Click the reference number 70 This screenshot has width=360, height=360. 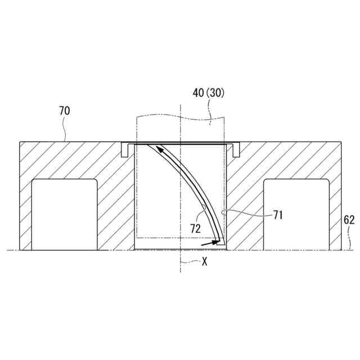click(x=64, y=111)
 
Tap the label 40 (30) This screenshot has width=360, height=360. click(x=208, y=93)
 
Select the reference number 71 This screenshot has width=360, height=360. click(x=278, y=215)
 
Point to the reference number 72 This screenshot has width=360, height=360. click(x=195, y=229)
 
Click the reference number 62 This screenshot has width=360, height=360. click(x=349, y=220)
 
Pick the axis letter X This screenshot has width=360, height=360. click(x=204, y=261)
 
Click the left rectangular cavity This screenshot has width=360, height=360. click(x=65, y=214)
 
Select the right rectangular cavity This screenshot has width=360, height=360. click(x=296, y=214)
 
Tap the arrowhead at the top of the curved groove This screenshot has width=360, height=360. click(x=159, y=148)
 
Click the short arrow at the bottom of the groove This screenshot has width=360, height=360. click(x=210, y=243)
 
